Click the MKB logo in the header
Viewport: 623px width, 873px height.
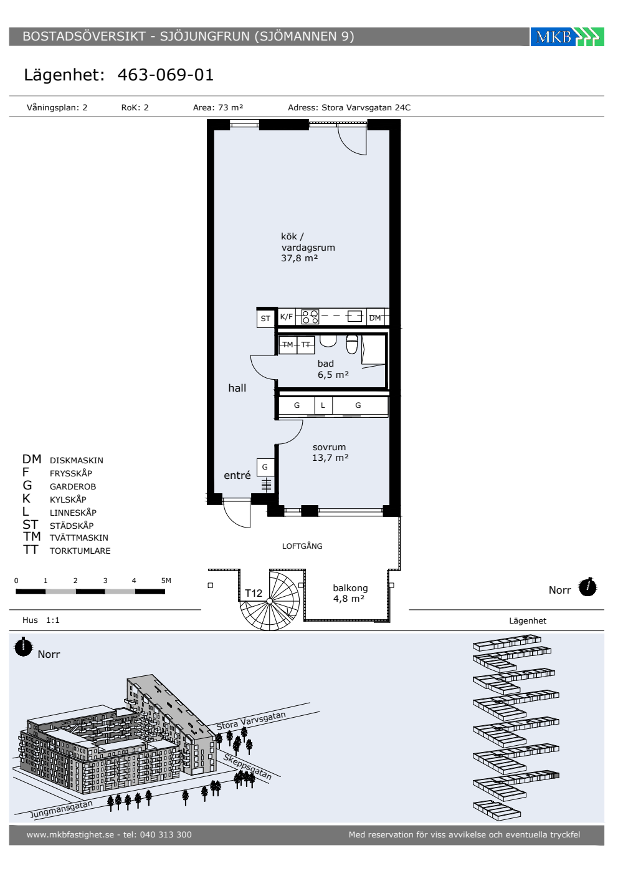(567, 37)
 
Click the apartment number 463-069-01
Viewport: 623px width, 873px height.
(166, 75)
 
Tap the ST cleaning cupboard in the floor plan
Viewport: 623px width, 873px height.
(265, 318)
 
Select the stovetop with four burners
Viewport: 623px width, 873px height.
(310, 317)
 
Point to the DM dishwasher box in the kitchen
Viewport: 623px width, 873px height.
(375, 317)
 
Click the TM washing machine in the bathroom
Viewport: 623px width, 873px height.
(288, 344)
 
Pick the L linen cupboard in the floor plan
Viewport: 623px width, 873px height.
(323, 405)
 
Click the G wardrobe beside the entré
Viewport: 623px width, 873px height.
(265, 467)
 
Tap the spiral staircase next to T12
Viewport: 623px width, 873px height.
(270, 600)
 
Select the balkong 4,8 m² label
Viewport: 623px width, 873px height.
(350, 593)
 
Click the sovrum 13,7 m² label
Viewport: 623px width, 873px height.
(330, 453)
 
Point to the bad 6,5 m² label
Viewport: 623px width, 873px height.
(333, 369)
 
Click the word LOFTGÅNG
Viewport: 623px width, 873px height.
(302, 546)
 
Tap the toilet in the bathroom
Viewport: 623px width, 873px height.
(352, 344)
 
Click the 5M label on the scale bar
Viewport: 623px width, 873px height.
(166, 581)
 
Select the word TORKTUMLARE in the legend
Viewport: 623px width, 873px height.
(80, 551)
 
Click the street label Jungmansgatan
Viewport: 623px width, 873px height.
(62, 809)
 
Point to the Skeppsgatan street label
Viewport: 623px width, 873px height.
(247, 766)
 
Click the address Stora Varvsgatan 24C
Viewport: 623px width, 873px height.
(366, 107)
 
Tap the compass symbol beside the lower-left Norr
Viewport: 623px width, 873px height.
(24, 647)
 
